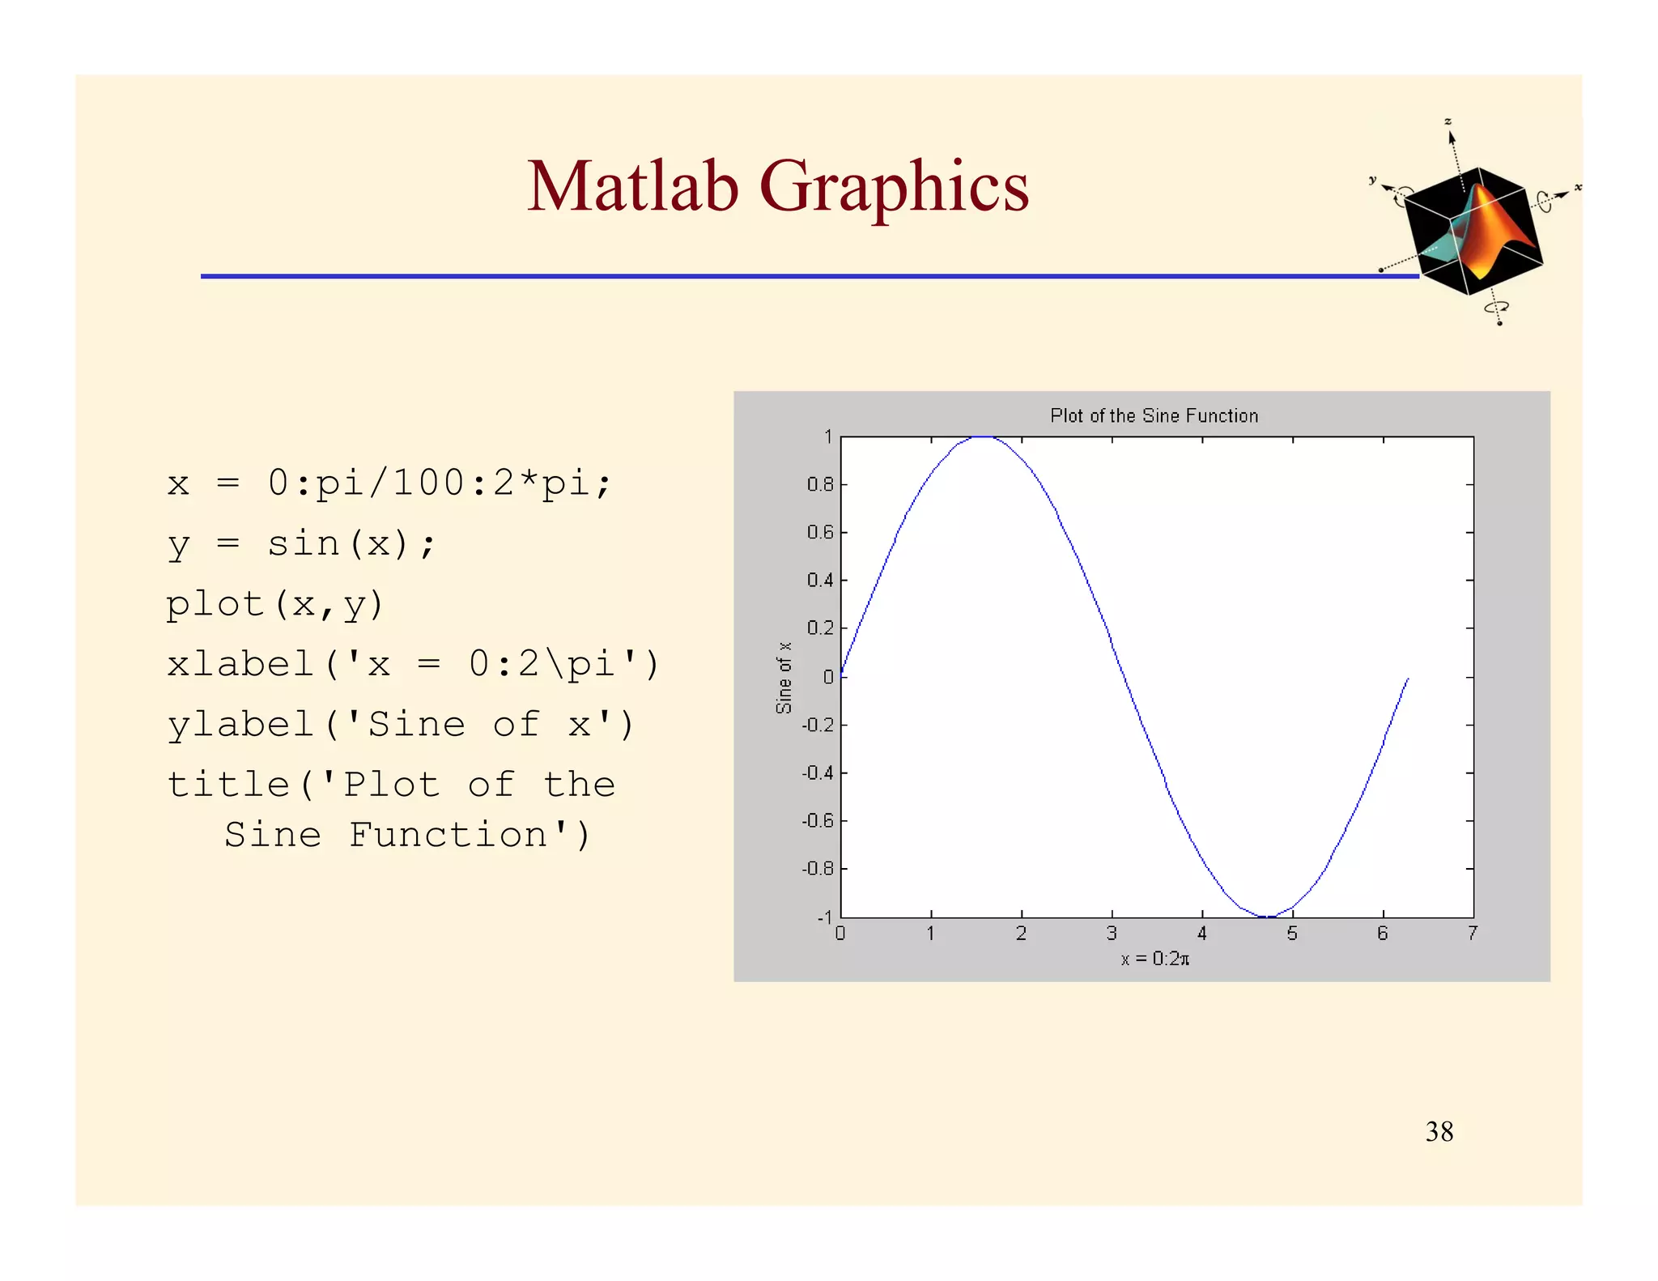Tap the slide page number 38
point(1439,1131)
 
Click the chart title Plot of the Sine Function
point(1154,416)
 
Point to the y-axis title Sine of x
point(784,678)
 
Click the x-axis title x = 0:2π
point(1154,959)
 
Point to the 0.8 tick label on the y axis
point(819,485)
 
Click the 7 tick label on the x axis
point(1473,934)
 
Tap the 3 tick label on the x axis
point(1112,934)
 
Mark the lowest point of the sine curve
point(1267,917)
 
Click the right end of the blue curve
point(1408,679)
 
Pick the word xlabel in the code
point(240,665)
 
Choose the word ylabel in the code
point(240,725)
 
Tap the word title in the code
point(227,785)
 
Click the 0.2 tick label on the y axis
point(819,628)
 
